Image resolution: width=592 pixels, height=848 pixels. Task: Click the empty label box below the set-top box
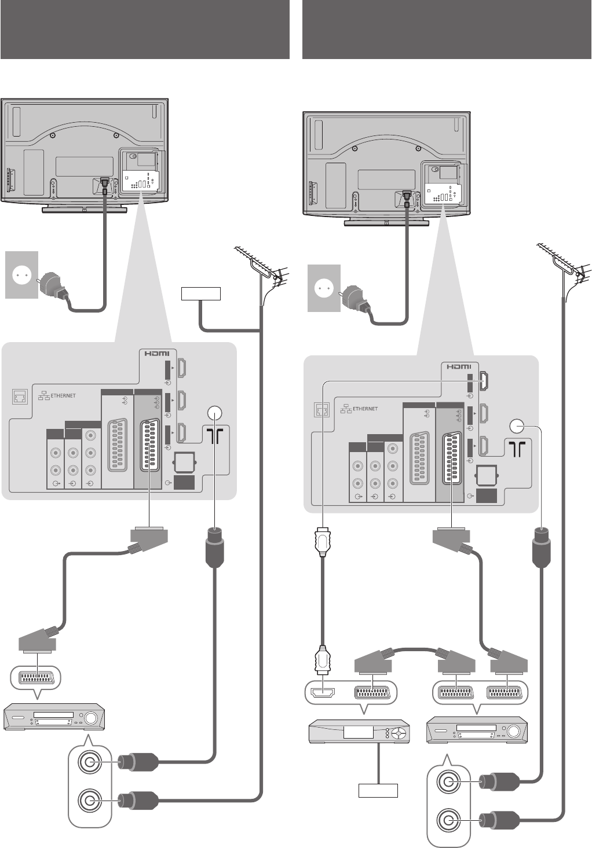pos(378,790)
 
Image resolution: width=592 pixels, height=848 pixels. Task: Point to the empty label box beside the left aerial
pos(201,293)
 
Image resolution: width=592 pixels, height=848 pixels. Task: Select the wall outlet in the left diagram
pos(21,274)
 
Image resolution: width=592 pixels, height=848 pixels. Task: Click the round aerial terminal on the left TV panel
pos(214,413)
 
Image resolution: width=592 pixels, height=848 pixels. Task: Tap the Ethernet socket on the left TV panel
pos(19,397)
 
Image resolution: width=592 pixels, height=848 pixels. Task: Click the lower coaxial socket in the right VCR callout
pos(448,820)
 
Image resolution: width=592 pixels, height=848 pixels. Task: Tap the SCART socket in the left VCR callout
pos(36,677)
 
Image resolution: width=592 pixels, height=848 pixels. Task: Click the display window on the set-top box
pos(359,733)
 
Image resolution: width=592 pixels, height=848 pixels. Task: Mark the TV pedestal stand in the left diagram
pos(84,209)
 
